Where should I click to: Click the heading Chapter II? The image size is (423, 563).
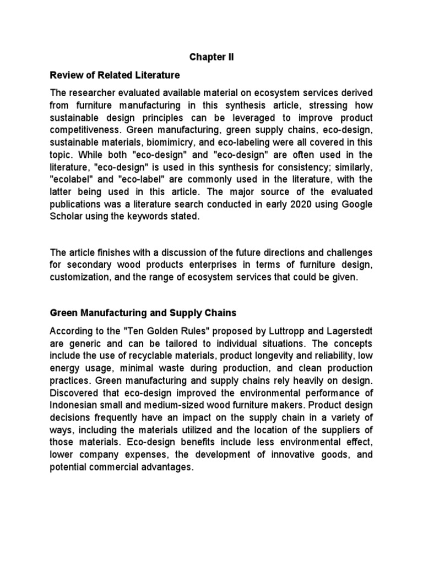pos(211,57)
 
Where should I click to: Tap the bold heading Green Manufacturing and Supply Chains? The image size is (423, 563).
pos(143,313)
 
